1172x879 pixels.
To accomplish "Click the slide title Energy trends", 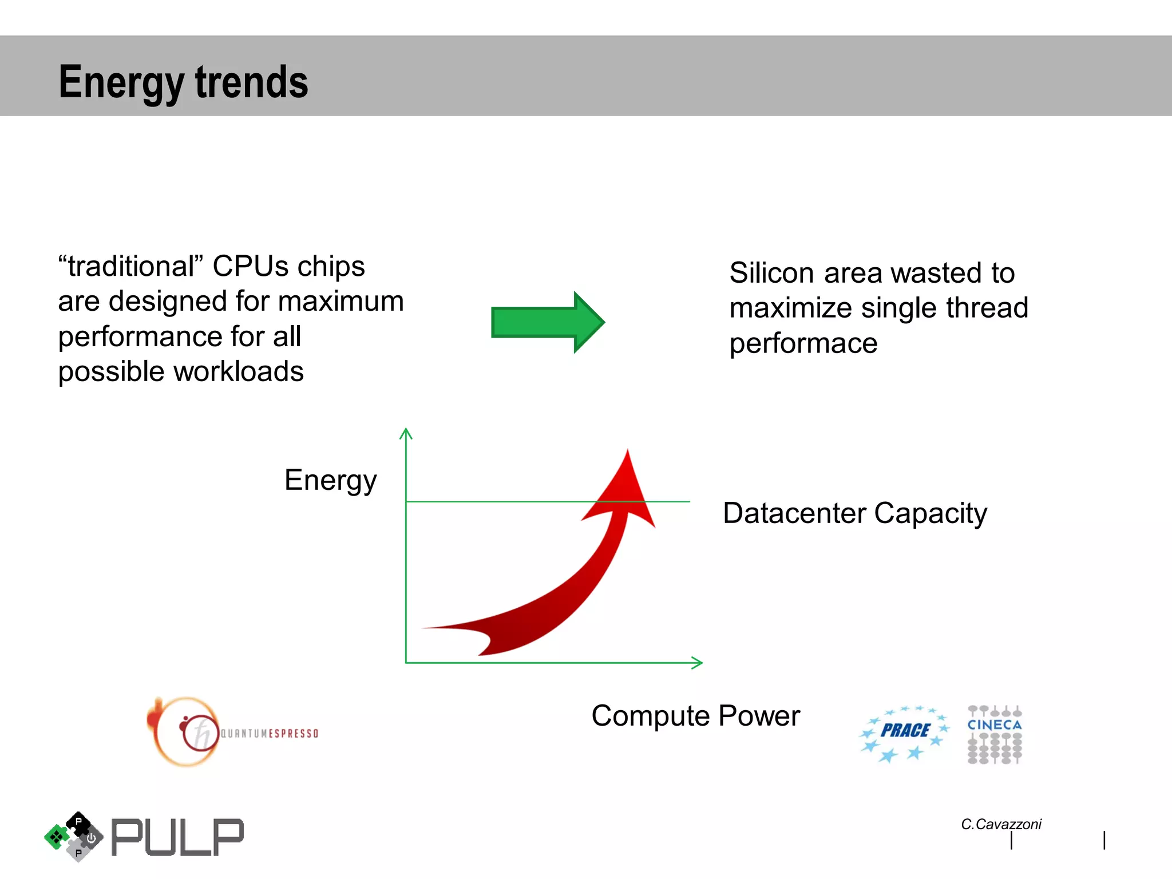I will (x=183, y=82).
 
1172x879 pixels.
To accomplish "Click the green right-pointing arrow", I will (x=547, y=322).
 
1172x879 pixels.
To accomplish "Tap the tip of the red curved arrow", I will (x=627, y=452).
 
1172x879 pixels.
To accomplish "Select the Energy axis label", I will (x=330, y=480).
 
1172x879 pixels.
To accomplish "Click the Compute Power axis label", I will (x=695, y=716).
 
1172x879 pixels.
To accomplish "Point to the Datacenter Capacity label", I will (x=854, y=513).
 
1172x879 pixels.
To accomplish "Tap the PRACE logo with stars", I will (x=904, y=732).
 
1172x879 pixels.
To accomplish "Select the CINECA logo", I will (x=995, y=734).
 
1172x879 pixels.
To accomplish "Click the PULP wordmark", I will (x=177, y=837).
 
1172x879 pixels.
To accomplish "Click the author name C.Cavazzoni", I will (x=1001, y=824).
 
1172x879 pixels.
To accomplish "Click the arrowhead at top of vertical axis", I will (x=406, y=432).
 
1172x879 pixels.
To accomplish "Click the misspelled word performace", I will (x=803, y=344).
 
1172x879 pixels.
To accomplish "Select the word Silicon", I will (x=771, y=273).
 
